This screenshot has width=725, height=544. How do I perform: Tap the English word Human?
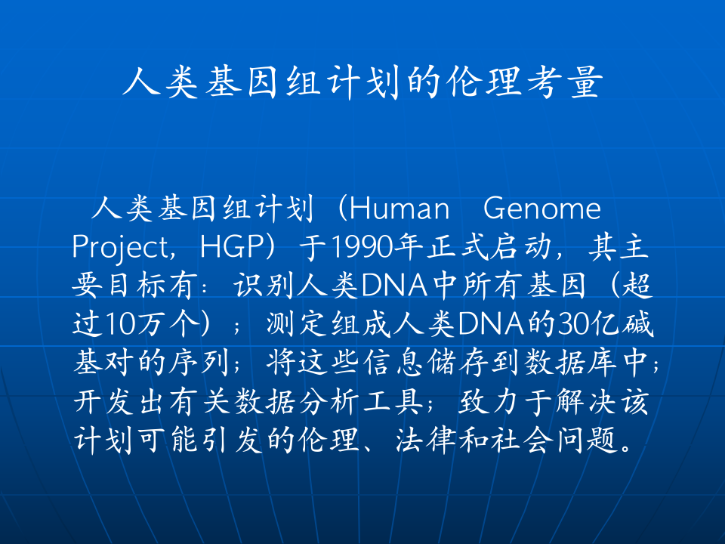pos(400,208)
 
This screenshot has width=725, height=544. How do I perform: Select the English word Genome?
pos(541,208)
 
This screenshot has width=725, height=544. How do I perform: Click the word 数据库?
pos(586,365)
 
